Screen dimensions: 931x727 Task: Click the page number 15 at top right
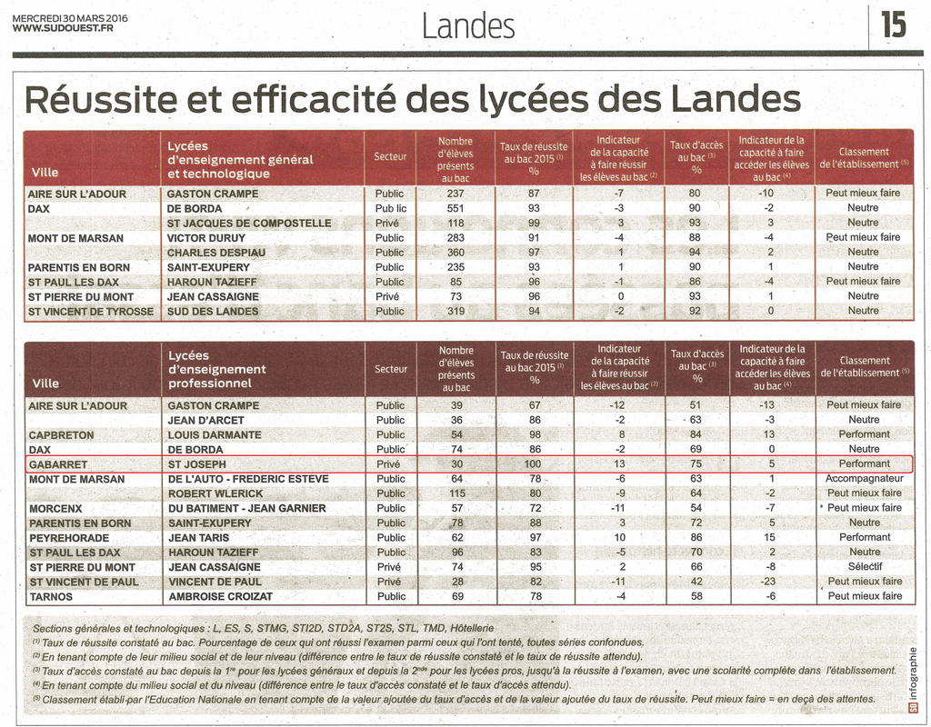pyautogui.click(x=893, y=25)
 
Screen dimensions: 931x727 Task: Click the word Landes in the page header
pyautogui.click(x=468, y=26)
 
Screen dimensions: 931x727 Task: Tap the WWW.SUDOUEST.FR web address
pyautogui.click(x=63, y=28)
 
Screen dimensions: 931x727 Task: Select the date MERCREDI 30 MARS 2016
pyautogui.click(x=69, y=18)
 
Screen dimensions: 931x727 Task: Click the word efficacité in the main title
pyautogui.click(x=313, y=99)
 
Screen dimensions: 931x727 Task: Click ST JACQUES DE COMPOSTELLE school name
pyautogui.click(x=249, y=224)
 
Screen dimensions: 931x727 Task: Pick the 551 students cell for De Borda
pyautogui.click(x=455, y=208)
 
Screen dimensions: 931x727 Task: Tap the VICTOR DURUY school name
pyautogui.click(x=206, y=238)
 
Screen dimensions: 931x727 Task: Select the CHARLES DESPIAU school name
pyautogui.click(x=216, y=253)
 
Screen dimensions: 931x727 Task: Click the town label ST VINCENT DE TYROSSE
pyautogui.click(x=91, y=312)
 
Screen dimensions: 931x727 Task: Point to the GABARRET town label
pyautogui.click(x=58, y=464)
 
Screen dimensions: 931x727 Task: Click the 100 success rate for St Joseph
pyautogui.click(x=533, y=464)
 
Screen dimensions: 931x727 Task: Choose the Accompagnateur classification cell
pyautogui.click(x=865, y=478)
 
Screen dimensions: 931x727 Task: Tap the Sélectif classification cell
pyautogui.click(x=865, y=567)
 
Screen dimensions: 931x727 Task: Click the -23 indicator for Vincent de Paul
pyautogui.click(x=769, y=582)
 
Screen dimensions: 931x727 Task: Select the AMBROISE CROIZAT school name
pyautogui.click(x=220, y=596)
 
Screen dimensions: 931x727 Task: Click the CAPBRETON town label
pyautogui.click(x=61, y=435)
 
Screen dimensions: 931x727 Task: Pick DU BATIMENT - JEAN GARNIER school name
pyautogui.click(x=247, y=509)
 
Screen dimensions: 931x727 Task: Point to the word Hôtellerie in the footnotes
pyautogui.click(x=472, y=628)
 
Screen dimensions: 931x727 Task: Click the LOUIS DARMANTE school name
pyautogui.click(x=215, y=435)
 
